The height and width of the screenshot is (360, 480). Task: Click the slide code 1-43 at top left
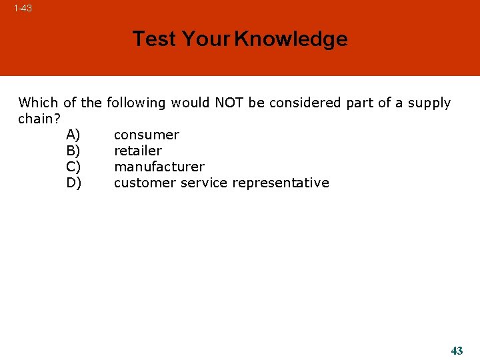pos(23,9)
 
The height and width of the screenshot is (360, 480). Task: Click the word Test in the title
pos(155,39)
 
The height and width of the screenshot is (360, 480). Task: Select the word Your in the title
pos(206,39)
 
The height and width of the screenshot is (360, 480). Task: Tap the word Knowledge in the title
pos(291,39)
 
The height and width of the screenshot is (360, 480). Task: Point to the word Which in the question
pos(39,103)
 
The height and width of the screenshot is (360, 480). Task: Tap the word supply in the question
pos(429,103)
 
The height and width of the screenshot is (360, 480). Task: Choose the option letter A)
pos(73,135)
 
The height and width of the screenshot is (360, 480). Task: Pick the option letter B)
pos(73,151)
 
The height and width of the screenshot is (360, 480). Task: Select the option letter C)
pos(73,167)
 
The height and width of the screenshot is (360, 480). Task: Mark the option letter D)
pos(74,183)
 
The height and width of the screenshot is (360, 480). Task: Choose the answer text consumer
pos(147,135)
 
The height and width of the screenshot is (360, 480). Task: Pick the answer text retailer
pos(137,151)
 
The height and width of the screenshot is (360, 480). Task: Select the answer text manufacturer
pos(159,167)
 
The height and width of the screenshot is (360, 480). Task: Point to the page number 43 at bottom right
pos(457,351)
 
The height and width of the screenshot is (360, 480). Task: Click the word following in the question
pos(137,103)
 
